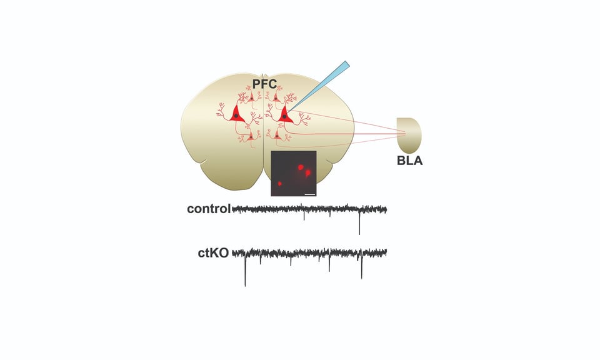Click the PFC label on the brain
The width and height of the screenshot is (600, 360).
tap(264, 84)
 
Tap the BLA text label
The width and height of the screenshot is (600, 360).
tap(409, 161)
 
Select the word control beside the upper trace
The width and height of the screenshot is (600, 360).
tap(209, 209)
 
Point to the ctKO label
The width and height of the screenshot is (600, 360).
tap(213, 253)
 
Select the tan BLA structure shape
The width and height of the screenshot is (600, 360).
tap(409, 136)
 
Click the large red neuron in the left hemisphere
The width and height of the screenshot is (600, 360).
tap(237, 115)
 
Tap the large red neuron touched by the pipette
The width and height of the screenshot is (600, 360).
tap(285, 115)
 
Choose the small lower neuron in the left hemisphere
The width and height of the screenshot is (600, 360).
tap(251, 137)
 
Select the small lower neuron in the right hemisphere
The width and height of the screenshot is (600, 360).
tap(277, 135)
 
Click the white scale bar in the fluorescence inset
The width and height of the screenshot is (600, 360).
tap(310, 194)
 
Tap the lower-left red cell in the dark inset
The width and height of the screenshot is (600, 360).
tap(280, 184)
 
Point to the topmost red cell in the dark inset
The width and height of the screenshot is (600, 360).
tap(301, 167)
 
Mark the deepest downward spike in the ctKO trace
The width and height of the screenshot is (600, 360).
tap(245, 270)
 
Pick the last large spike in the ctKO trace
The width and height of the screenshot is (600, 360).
tap(362, 265)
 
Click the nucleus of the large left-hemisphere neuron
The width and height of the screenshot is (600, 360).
tap(236, 116)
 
